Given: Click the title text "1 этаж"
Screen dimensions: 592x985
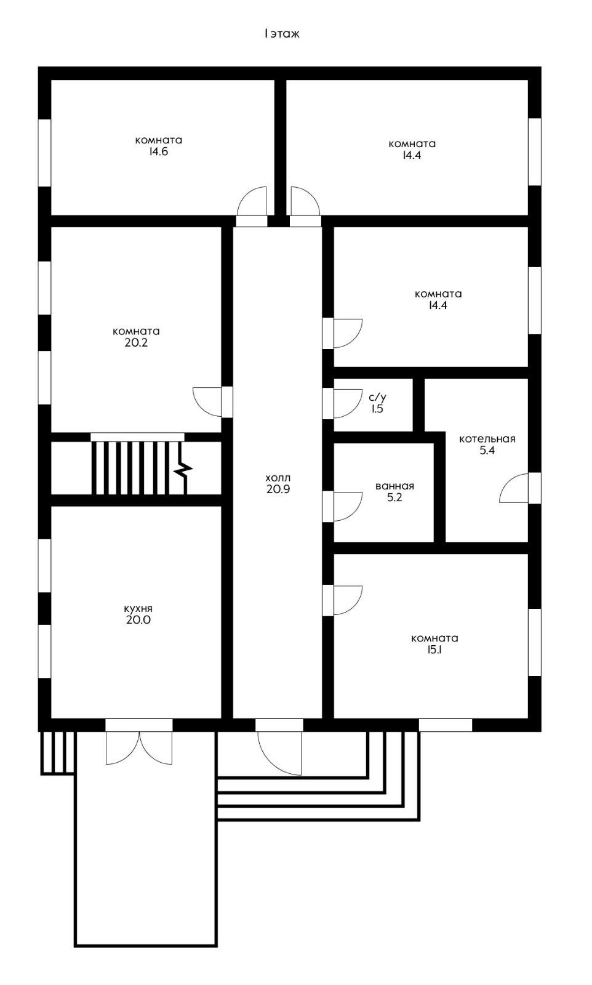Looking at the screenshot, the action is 282,34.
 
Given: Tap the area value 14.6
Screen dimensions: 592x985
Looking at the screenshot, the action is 158,151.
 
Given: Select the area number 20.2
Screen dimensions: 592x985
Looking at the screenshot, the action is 136,342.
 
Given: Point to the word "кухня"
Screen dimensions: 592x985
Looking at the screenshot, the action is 138,609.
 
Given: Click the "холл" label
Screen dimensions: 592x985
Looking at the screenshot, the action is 278,478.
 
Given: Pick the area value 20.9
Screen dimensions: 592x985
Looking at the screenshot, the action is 278,489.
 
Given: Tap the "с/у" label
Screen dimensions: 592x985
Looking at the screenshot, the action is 377,398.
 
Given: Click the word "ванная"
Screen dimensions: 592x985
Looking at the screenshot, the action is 394,486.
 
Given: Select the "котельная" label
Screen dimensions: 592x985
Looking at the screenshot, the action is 487,439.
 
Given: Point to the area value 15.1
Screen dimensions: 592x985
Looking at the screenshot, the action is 434,650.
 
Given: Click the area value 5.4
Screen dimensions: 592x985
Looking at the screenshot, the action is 487,450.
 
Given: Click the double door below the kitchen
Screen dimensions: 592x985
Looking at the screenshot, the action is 139,747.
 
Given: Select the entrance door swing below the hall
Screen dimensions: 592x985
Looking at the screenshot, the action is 279,753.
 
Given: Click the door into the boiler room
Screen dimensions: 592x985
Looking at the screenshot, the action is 514,488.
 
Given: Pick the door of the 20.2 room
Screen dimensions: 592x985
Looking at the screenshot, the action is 207,402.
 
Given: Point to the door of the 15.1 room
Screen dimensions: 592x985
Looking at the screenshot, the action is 348,600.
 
